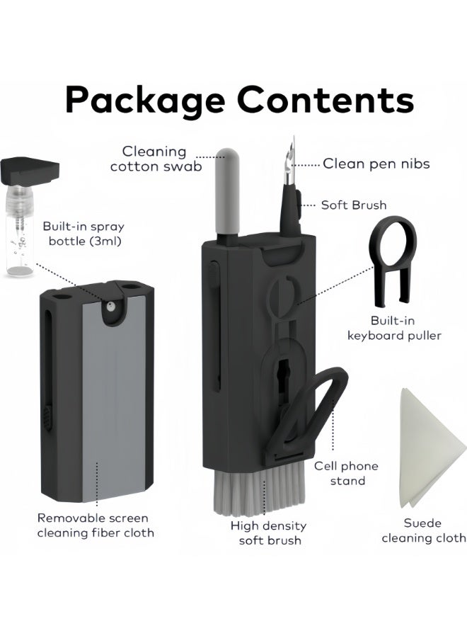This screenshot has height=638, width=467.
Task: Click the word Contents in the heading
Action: (x=325, y=99)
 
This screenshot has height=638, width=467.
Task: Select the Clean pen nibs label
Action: (x=376, y=164)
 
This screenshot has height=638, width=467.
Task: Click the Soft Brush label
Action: (x=354, y=205)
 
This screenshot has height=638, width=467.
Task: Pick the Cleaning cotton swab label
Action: (x=156, y=159)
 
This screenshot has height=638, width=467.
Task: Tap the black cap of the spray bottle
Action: (x=30, y=171)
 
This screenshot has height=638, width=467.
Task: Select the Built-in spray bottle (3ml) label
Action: (x=83, y=234)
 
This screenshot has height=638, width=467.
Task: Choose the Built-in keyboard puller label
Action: (x=394, y=328)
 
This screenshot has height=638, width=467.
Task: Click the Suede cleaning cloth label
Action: (x=424, y=530)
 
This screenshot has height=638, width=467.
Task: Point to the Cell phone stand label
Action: (x=346, y=473)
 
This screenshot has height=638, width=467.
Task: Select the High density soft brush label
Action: (x=269, y=533)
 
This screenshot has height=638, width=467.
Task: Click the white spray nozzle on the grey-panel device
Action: (x=110, y=307)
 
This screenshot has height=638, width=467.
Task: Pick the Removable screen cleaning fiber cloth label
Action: (x=96, y=525)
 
